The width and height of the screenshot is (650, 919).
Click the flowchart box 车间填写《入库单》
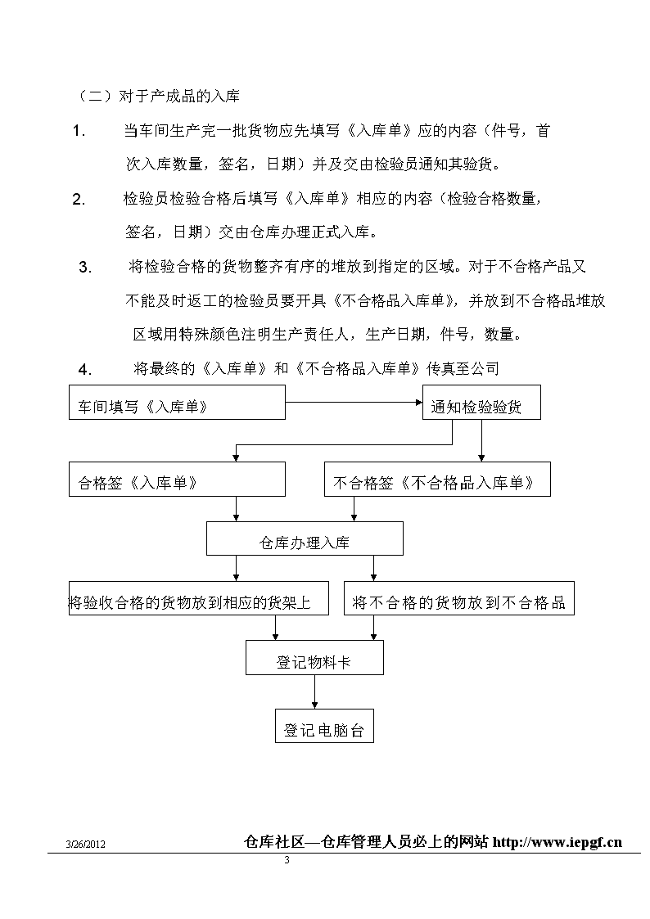pos(177,402)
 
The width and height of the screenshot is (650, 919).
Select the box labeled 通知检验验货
pos(481,402)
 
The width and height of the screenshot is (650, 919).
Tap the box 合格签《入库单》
pos(177,479)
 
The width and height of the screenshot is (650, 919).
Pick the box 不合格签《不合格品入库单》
pos(437,479)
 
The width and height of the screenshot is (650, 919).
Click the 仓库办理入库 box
pos(305,538)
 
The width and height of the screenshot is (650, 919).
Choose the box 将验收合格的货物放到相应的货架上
pos(199,598)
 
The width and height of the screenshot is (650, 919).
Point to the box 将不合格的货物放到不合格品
pos(459,598)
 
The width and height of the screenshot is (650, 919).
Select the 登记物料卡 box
pos(314,657)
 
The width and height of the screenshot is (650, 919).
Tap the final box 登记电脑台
pos(324,726)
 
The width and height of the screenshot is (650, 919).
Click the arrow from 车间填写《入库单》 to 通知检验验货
pos(354,402)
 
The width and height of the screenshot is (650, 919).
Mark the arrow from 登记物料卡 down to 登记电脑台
pos(314,692)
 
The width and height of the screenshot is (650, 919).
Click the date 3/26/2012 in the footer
pos(86,845)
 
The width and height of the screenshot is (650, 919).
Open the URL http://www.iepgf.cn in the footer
pos(557,842)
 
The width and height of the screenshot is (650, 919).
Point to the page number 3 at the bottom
pos(287,860)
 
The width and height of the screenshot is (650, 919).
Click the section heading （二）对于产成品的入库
pos(158,96)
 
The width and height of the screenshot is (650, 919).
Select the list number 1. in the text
pos(79,131)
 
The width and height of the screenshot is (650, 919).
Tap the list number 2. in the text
pos(79,200)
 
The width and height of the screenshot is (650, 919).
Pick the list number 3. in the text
pos(85,268)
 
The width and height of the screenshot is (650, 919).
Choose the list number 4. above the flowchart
pos(85,370)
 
